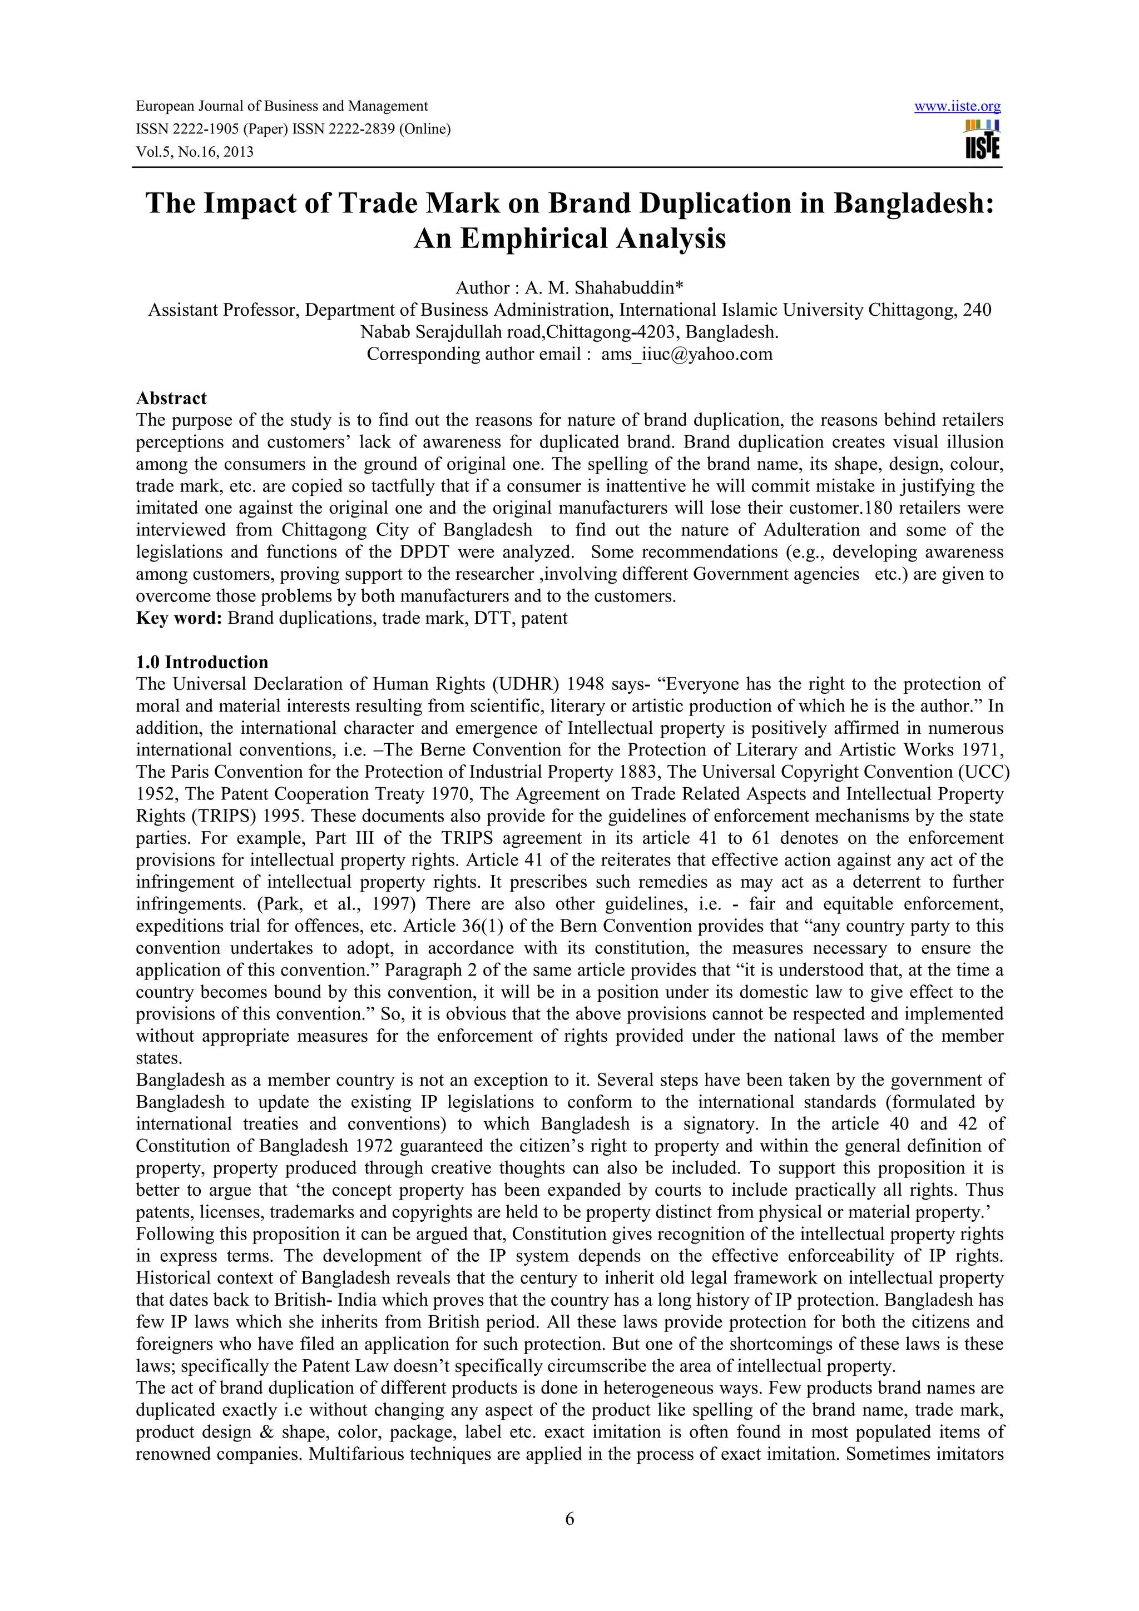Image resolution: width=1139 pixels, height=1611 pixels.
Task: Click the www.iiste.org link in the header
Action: click(957, 107)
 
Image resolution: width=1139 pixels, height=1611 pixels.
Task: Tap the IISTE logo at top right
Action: click(983, 140)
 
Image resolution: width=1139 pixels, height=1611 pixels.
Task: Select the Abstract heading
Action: click(171, 399)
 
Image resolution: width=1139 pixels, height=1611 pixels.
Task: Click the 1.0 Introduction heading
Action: click(202, 663)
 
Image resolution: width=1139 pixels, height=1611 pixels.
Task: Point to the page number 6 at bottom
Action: click(569, 1519)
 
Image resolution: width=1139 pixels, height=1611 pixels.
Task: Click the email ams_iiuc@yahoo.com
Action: click(686, 354)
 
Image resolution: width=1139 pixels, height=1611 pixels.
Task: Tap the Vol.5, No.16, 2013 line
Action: click(195, 152)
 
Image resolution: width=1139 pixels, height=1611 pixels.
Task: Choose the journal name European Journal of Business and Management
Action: click(281, 107)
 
